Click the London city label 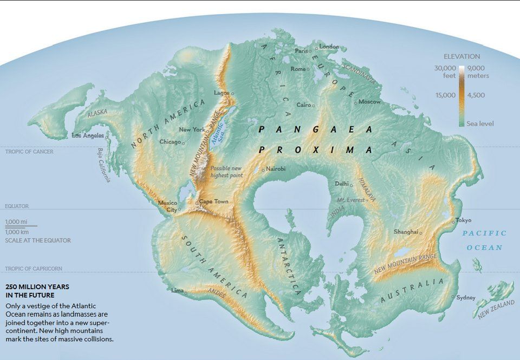[x=329, y=47]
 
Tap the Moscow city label [x=369, y=102]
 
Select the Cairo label [x=304, y=104]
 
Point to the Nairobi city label [x=276, y=169]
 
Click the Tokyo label [x=463, y=220]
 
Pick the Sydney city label [x=466, y=297]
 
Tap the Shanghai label [x=406, y=231]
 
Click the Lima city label [x=177, y=290]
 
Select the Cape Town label [x=213, y=201]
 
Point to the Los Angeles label [x=88, y=135]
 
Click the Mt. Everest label [x=349, y=200]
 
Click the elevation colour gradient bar [x=461, y=95]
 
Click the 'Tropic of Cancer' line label [x=29, y=152]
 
